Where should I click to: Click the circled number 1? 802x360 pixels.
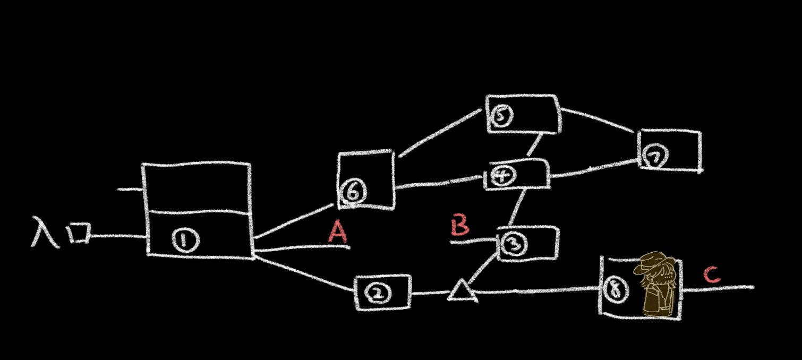[x=185, y=242]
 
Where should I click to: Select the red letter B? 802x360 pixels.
[x=460, y=225]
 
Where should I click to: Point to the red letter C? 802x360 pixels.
[x=712, y=275]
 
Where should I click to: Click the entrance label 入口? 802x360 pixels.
[x=60, y=232]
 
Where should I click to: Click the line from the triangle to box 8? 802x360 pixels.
[x=536, y=290]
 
